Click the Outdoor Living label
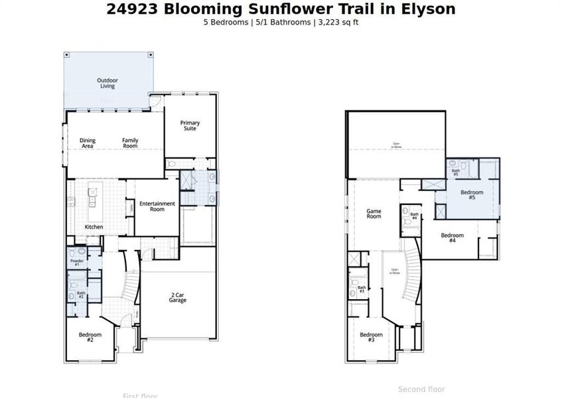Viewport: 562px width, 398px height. (x=107, y=83)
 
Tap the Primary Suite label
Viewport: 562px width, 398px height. (x=190, y=125)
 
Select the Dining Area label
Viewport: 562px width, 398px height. (x=88, y=143)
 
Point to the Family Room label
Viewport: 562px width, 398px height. (x=130, y=143)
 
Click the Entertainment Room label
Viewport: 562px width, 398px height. (x=157, y=206)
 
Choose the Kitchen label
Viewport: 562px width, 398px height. (x=94, y=227)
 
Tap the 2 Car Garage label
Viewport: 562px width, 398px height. (x=177, y=298)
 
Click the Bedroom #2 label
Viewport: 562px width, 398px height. (x=90, y=337)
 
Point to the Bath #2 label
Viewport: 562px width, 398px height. (x=81, y=295)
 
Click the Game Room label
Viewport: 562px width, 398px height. (x=374, y=214)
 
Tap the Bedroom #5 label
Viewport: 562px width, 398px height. (x=472, y=194)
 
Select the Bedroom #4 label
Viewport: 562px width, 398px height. (x=453, y=237)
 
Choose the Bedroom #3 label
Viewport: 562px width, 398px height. (x=371, y=337)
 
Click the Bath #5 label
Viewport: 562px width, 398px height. (x=456, y=172)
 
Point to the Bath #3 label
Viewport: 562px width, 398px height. (x=362, y=290)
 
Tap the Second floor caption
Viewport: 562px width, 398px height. (x=421, y=389)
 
